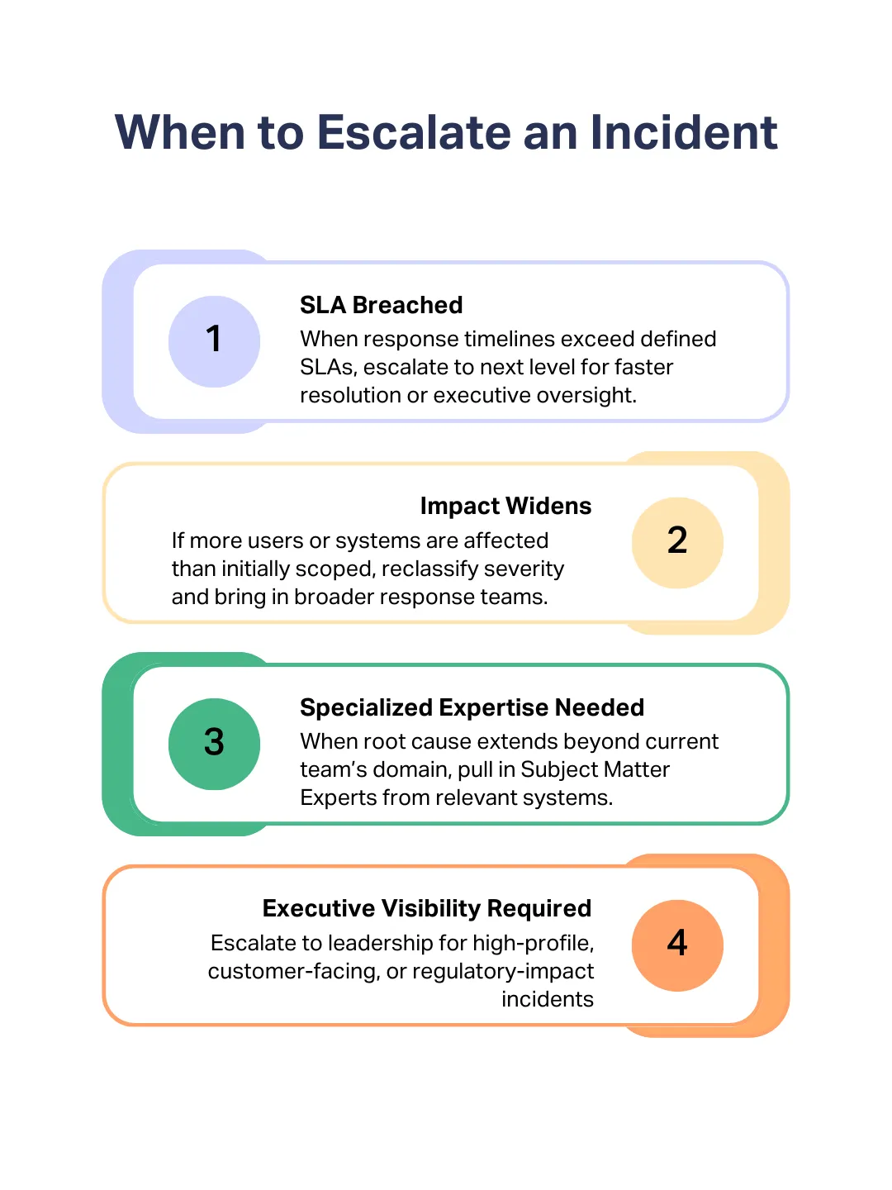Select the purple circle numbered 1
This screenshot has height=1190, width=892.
click(x=214, y=341)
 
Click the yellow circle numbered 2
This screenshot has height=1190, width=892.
click(x=677, y=542)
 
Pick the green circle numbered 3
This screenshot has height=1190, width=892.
click(x=214, y=744)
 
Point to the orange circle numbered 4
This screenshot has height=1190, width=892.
click(x=677, y=945)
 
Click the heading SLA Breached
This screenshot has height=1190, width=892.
click(x=381, y=305)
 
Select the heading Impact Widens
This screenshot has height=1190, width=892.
click(x=505, y=506)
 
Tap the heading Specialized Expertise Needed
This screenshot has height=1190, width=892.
click(x=472, y=707)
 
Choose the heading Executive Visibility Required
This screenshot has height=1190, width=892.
click(x=426, y=908)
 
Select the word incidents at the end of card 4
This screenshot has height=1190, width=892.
click(x=547, y=999)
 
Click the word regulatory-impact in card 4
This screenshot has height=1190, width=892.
click(x=503, y=971)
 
